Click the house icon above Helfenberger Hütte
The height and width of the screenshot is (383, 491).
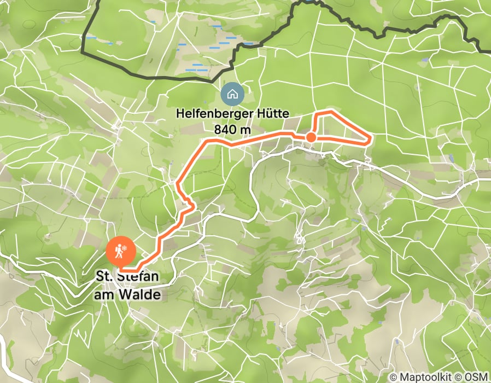click(232, 94)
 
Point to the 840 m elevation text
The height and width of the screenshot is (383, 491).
click(233, 130)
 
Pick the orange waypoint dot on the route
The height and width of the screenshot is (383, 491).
click(310, 137)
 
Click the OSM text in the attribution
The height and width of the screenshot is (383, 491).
click(478, 377)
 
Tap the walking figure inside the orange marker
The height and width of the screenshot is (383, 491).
click(116, 251)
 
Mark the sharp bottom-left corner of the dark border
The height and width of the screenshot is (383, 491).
click(83, 54)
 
